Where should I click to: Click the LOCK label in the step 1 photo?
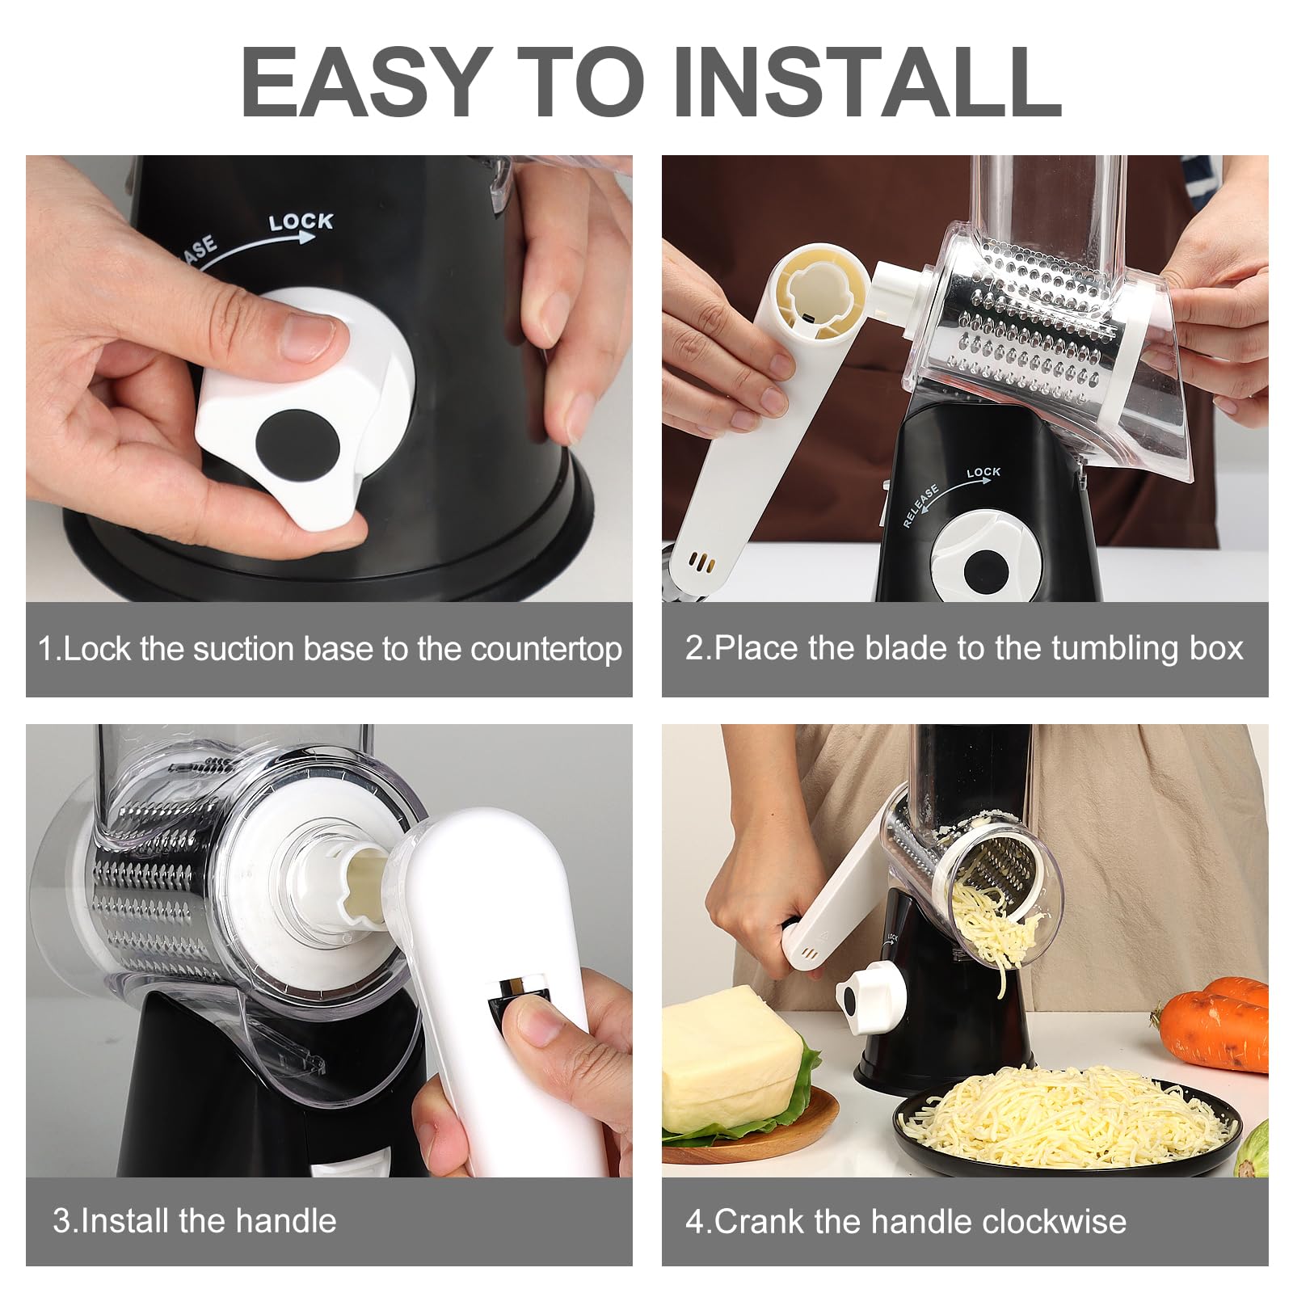coord(301,221)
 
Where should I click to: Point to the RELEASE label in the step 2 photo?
coord(920,507)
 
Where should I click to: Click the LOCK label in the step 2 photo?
coord(983,472)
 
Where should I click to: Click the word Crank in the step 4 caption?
coord(759,1220)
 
